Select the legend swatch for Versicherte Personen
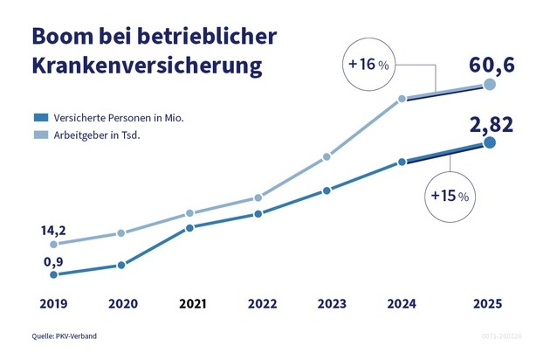tap(40, 116)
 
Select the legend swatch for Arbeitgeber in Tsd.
tap(40, 135)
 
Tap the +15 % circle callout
tap(449, 196)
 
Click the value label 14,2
tap(53, 230)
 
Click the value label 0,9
tap(53, 260)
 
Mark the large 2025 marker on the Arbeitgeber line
tap(490, 85)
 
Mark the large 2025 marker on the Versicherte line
tap(490, 142)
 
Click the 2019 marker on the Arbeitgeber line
tap(54, 245)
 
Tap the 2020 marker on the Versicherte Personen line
tap(121, 265)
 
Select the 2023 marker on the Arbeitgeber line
tap(327, 157)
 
